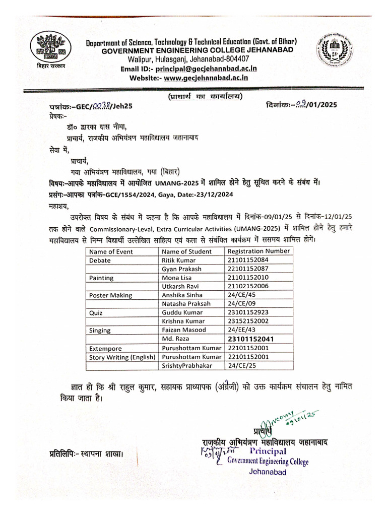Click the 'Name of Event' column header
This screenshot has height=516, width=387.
point(111,251)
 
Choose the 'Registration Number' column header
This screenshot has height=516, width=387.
point(259,251)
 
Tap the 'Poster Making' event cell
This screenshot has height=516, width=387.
point(110,295)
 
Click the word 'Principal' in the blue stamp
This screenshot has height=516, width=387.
point(265,451)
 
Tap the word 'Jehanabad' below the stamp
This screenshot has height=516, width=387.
point(268,472)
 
